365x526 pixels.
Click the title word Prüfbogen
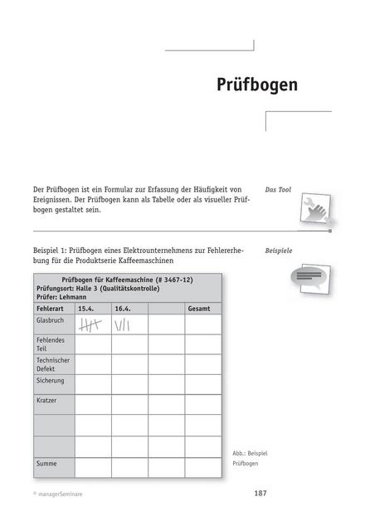[x=256, y=85]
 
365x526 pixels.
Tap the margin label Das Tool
[x=277, y=190]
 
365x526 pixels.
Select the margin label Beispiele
[x=279, y=250]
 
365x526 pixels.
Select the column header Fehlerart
[x=51, y=309]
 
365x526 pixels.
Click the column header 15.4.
[x=85, y=309]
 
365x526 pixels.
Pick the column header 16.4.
[x=123, y=309]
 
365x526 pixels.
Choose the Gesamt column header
[x=199, y=309]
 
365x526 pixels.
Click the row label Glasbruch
[x=51, y=319]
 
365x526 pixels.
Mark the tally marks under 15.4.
[x=89, y=325]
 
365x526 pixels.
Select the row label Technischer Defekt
[x=52, y=365]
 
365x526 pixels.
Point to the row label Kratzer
[x=46, y=400]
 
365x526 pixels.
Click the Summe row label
[x=46, y=462]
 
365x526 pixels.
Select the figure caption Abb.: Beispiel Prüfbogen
[x=250, y=459]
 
